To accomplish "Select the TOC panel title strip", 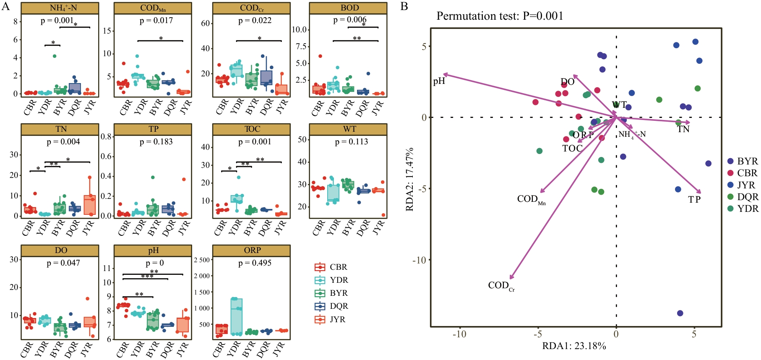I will [251, 129].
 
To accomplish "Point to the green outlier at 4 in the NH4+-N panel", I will [55, 56].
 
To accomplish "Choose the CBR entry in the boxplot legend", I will [331, 267].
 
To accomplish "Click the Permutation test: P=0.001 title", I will [500, 16].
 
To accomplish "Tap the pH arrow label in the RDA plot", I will [439, 81].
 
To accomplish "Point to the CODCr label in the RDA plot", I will [501, 286].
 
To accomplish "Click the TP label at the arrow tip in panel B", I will [694, 200].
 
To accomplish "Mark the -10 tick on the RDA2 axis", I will [419, 260].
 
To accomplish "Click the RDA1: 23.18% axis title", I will [574, 346].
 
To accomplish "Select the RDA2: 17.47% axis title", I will [410, 179].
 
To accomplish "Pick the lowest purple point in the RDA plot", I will [680, 313].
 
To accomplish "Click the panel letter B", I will [404, 6].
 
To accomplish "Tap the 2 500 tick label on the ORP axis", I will [201, 260].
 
